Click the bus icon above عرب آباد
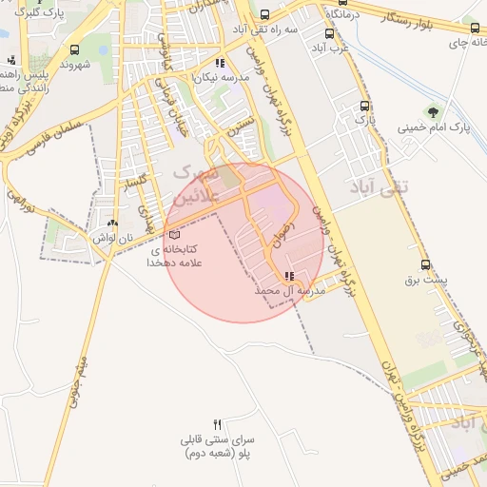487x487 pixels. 329,32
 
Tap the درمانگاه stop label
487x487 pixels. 339,16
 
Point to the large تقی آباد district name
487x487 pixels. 378,186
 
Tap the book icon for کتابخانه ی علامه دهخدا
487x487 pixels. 172,234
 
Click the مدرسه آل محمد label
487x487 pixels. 291,290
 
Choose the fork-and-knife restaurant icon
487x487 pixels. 217,425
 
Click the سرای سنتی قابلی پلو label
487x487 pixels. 217,448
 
